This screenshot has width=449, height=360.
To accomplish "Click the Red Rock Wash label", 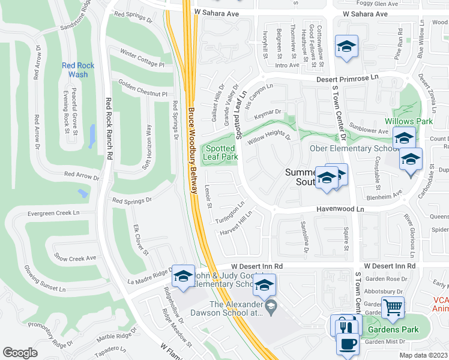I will click(x=74, y=70).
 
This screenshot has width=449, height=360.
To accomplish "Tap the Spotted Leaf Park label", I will click(x=220, y=152).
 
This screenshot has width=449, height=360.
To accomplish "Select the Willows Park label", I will click(x=417, y=121).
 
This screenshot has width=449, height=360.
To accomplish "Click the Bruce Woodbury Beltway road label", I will click(x=191, y=150).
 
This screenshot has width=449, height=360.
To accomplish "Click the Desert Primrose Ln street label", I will click(x=349, y=78).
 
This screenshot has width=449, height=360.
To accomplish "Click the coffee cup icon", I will click(x=348, y=344).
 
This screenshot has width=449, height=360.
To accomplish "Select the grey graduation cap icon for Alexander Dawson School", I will click(x=271, y=307).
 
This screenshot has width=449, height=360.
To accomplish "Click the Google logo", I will click(x=20, y=352).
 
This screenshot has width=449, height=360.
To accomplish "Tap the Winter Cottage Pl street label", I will click(x=142, y=58).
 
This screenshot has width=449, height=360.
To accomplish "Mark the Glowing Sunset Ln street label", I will click(x=53, y=279).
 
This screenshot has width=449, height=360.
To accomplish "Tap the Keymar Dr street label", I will click(x=268, y=112).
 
